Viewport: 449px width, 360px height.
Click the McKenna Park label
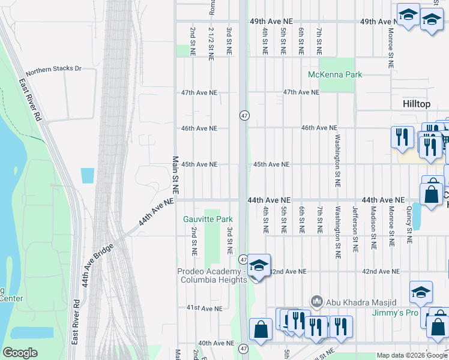(335, 74)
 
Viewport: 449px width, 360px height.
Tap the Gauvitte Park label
(208, 219)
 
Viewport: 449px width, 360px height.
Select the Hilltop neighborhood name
(417, 104)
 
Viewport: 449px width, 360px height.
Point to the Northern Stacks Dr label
(53, 68)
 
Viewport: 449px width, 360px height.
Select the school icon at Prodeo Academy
(259, 265)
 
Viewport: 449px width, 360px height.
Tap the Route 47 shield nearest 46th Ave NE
(244, 115)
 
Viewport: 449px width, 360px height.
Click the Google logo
(20, 353)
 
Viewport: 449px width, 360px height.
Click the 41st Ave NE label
(201, 308)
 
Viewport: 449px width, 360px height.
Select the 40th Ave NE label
(216, 343)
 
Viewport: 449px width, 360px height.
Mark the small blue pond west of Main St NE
(87, 176)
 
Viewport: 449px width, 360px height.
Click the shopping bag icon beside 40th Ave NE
(260, 330)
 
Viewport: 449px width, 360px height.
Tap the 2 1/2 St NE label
(211, 44)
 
